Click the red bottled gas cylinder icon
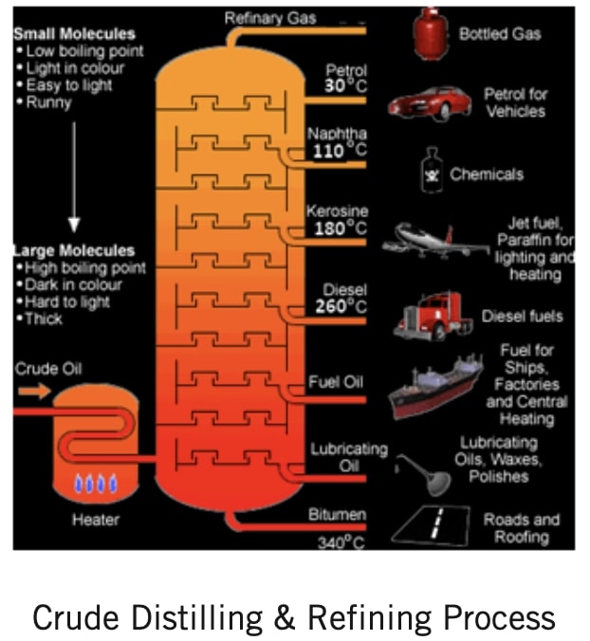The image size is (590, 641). click(430, 35)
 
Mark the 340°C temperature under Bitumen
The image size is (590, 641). click(340, 542)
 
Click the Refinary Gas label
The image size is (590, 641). click(270, 18)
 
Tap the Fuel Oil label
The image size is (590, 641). click(336, 382)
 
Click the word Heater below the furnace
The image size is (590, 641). click(95, 520)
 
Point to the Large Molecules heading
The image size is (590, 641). click(74, 251)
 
